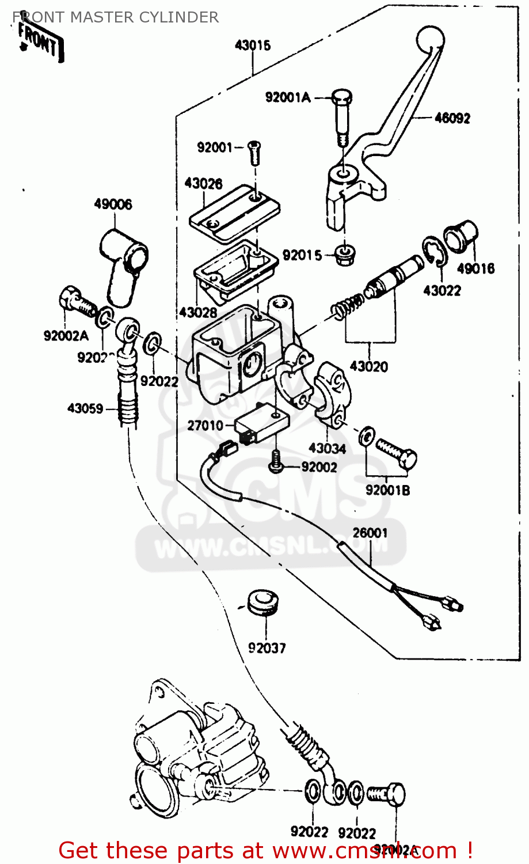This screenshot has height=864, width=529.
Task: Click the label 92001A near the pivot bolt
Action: (287, 97)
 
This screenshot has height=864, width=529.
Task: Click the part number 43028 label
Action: (197, 313)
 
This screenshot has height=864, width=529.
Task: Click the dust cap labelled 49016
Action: (461, 236)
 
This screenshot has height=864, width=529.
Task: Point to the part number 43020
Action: (368, 366)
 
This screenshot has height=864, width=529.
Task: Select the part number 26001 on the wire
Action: (370, 533)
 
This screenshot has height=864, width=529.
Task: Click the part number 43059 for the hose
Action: (85, 408)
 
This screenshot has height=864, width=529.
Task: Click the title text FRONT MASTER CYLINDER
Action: (115, 17)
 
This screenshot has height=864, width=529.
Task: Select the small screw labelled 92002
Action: (277, 460)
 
